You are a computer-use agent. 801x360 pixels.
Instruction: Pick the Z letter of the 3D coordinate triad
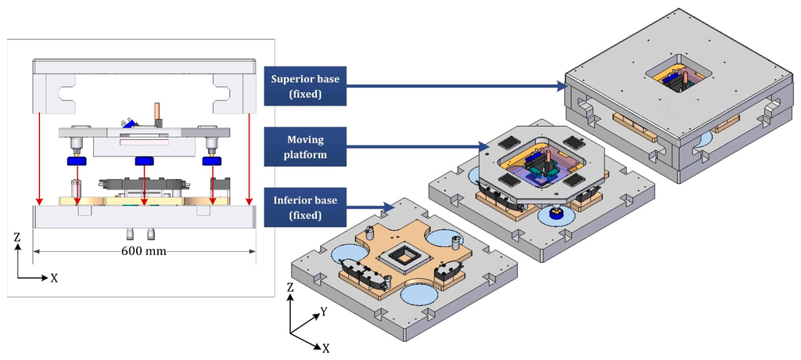click(291, 289)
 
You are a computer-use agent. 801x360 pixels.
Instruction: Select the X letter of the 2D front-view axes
click(54, 278)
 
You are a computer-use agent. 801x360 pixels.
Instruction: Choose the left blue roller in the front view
click(77, 160)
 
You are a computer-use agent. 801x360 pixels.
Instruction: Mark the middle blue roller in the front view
click(144, 160)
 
